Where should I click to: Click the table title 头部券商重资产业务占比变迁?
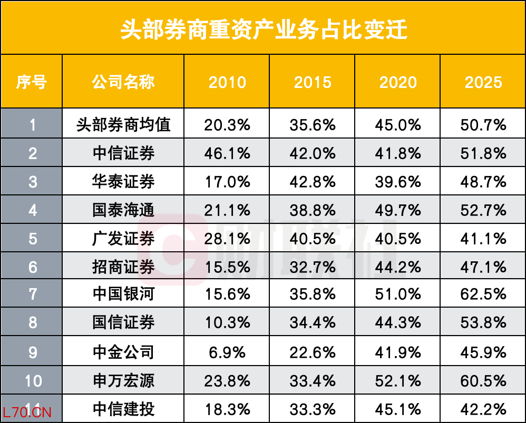coord(264,29)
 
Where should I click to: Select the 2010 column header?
coord(227,82)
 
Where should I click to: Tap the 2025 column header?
coord(483,82)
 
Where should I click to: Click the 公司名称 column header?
coord(123,82)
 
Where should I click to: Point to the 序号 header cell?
coord(32,82)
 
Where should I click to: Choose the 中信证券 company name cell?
coord(123,153)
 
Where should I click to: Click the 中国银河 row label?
coord(123,294)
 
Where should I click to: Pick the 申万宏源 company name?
coord(123,381)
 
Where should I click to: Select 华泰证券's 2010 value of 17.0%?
coord(227,182)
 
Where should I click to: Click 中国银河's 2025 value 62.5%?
coord(483,294)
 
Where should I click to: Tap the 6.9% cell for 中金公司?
coord(227,352)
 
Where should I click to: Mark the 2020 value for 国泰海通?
coord(398,211)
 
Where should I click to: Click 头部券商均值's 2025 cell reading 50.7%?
coord(483,125)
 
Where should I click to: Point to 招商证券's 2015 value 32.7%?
coord(313,268)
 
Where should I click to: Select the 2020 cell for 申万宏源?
coord(398,381)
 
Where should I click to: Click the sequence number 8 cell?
coord(33,322)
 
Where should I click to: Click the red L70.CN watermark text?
coord(27,412)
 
